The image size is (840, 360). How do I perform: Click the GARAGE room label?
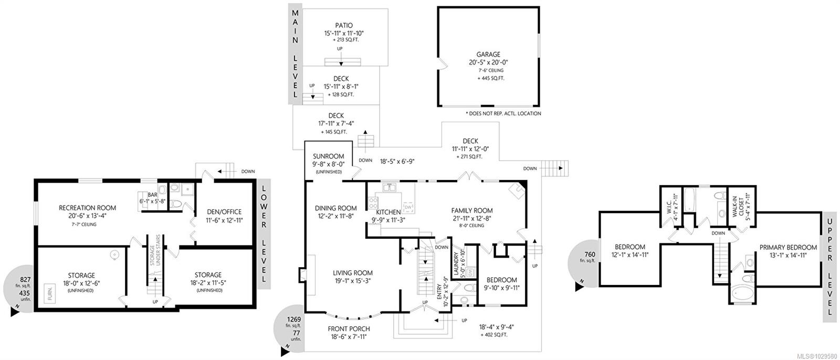[488, 55]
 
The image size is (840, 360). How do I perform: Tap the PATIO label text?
[344, 26]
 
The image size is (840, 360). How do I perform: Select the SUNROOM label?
[329, 156]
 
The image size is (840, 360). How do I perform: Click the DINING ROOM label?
[335, 208]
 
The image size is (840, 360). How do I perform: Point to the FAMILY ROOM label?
[472, 211]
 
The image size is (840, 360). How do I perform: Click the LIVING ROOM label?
[353, 273]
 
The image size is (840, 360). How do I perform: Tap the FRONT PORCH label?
[349, 329]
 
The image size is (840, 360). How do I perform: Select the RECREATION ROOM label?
[87, 208]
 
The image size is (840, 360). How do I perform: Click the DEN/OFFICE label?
[224, 212]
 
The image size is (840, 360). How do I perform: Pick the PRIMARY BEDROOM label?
[788, 248]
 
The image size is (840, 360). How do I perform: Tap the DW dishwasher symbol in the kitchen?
[408, 207]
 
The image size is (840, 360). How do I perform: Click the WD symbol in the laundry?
[470, 272]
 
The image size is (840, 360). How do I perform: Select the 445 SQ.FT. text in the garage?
[491, 78]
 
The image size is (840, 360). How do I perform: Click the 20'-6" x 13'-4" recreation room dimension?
[87, 216]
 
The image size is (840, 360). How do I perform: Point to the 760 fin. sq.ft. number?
[590, 255]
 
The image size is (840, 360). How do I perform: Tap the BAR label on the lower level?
[153, 195]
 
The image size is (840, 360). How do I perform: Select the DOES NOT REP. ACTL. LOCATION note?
[503, 113]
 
